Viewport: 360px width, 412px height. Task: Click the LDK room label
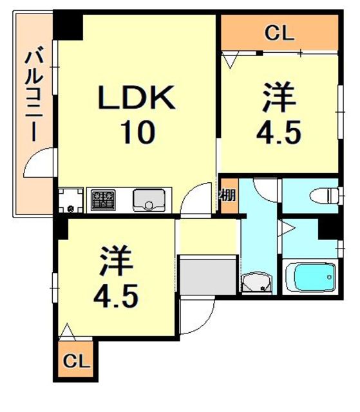click(136, 100)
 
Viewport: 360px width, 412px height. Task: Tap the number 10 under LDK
click(136, 133)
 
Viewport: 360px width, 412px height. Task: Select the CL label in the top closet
click(279, 33)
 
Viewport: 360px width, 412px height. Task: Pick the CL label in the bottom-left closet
click(77, 360)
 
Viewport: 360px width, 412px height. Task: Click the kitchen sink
click(149, 200)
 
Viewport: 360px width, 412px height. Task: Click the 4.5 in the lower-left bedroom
click(116, 297)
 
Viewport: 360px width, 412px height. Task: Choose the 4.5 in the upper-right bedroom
click(279, 133)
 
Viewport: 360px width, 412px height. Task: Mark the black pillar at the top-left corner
click(68, 24)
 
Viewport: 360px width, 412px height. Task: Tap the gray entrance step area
click(207, 274)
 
